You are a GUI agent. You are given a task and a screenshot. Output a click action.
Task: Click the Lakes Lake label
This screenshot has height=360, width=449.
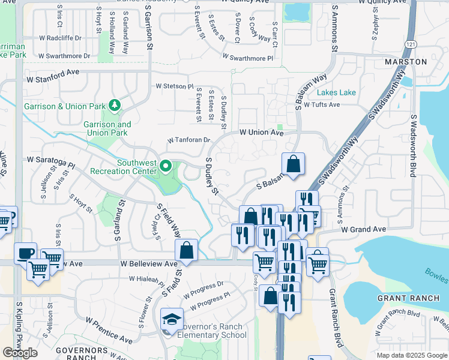point(336,92)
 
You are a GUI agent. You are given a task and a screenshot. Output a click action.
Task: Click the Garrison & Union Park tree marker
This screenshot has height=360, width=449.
point(114,106)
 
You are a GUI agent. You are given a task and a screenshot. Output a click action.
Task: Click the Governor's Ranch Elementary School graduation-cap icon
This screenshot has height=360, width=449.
point(171,319)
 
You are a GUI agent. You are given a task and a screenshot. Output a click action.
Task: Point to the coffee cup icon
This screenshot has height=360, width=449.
point(25,253)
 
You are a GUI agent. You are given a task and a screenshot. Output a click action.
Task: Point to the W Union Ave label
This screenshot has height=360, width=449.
point(261,132)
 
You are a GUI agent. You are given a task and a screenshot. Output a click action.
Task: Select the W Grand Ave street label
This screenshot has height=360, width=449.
point(363,229)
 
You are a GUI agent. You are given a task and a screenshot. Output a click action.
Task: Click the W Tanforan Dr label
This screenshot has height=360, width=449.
point(188,140)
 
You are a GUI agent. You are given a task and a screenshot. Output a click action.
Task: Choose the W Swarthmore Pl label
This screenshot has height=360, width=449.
point(247,58)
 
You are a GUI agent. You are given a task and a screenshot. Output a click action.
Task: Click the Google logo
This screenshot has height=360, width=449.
point(20,353)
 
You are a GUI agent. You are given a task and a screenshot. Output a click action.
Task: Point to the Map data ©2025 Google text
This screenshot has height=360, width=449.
point(412,355)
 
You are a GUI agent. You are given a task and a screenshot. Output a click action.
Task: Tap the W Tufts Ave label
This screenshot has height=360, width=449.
point(322,104)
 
